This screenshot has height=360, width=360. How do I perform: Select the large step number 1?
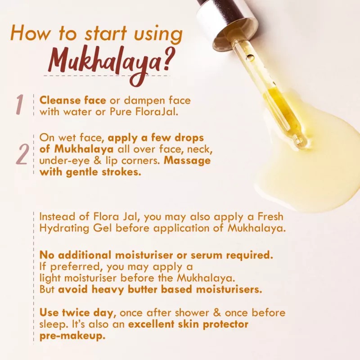(19, 105)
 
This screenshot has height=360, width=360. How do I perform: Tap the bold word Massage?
(188, 160)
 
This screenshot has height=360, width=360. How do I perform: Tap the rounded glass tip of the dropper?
(301, 143)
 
